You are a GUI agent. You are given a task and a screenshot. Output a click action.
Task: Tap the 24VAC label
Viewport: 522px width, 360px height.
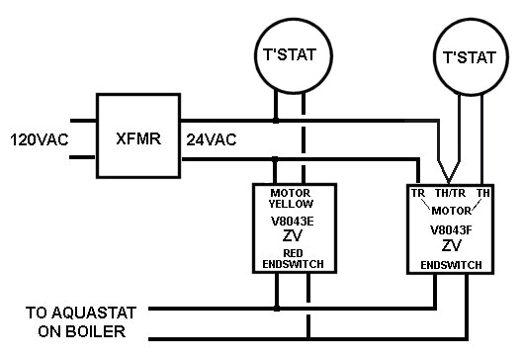pos(212,139)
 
